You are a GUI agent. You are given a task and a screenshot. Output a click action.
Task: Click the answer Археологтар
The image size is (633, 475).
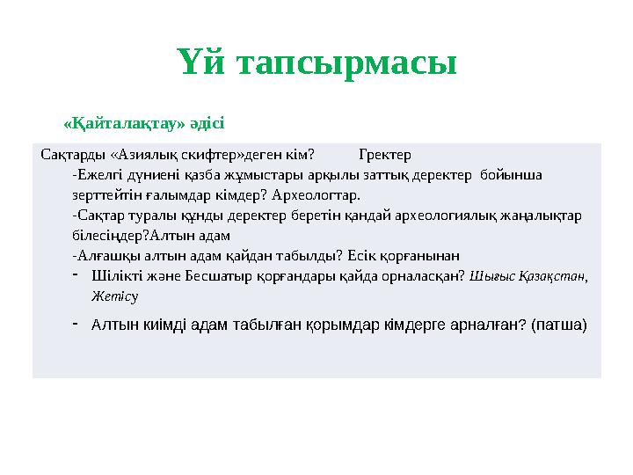317,194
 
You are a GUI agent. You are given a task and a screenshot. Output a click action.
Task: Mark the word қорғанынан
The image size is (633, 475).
420,256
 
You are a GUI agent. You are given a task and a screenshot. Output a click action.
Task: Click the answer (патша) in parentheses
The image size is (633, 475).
559,325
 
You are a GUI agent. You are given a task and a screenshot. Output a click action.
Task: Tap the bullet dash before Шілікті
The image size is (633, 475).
76,275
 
